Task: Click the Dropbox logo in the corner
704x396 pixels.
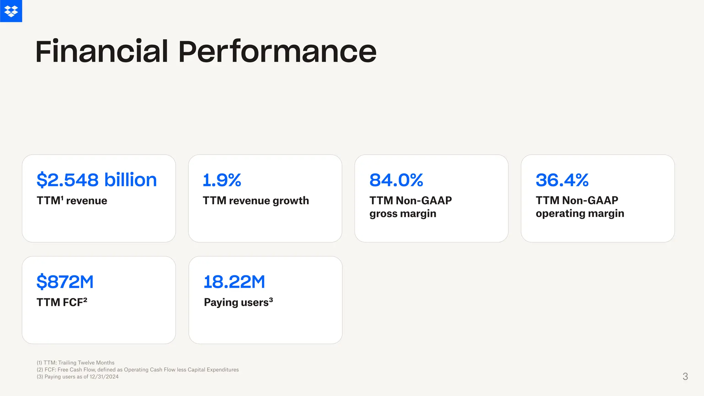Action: pyautogui.click(x=11, y=11)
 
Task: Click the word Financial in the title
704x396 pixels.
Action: pyautogui.click(x=102, y=52)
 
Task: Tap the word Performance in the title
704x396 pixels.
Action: pyautogui.click(x=277, y=52)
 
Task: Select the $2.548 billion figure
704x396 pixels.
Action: pyautogui.click(x=97, y=180)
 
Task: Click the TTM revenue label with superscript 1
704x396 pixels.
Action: pyautogui.click(x=72, y=200)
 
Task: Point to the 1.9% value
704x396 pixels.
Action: pyautogui.click(x=222, y=180)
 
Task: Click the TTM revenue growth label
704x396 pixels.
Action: pyautogui.click(x=256, y=200)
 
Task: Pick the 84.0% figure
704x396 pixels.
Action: pyautogui.click(x=396, y=180)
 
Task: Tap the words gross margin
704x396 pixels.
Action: pyautogui.click(x=403, y=213)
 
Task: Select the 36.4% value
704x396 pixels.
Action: pyautogui.click(x=562, y=180)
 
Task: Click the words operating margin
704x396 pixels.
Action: pyautogui.click(x=580, y=213)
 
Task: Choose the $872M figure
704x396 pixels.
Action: pyautogui.click(x=65, y=282)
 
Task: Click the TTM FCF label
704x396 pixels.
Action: pyautogui.click(x=62, y=302)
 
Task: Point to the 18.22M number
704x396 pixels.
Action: pyautogui.click(x=234, y=282)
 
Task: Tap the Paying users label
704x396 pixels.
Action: pyautogui.click(x=236, y=302)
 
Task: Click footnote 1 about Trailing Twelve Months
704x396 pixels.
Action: pyautogui.click(x=76, y=363)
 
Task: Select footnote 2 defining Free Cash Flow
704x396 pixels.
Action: pyautogui.click(x=137, y=370)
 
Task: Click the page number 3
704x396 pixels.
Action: pyautogui.click(x=685, y=376)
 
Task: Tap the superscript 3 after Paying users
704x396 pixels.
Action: pyautogui.click(x=271, y=300)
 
